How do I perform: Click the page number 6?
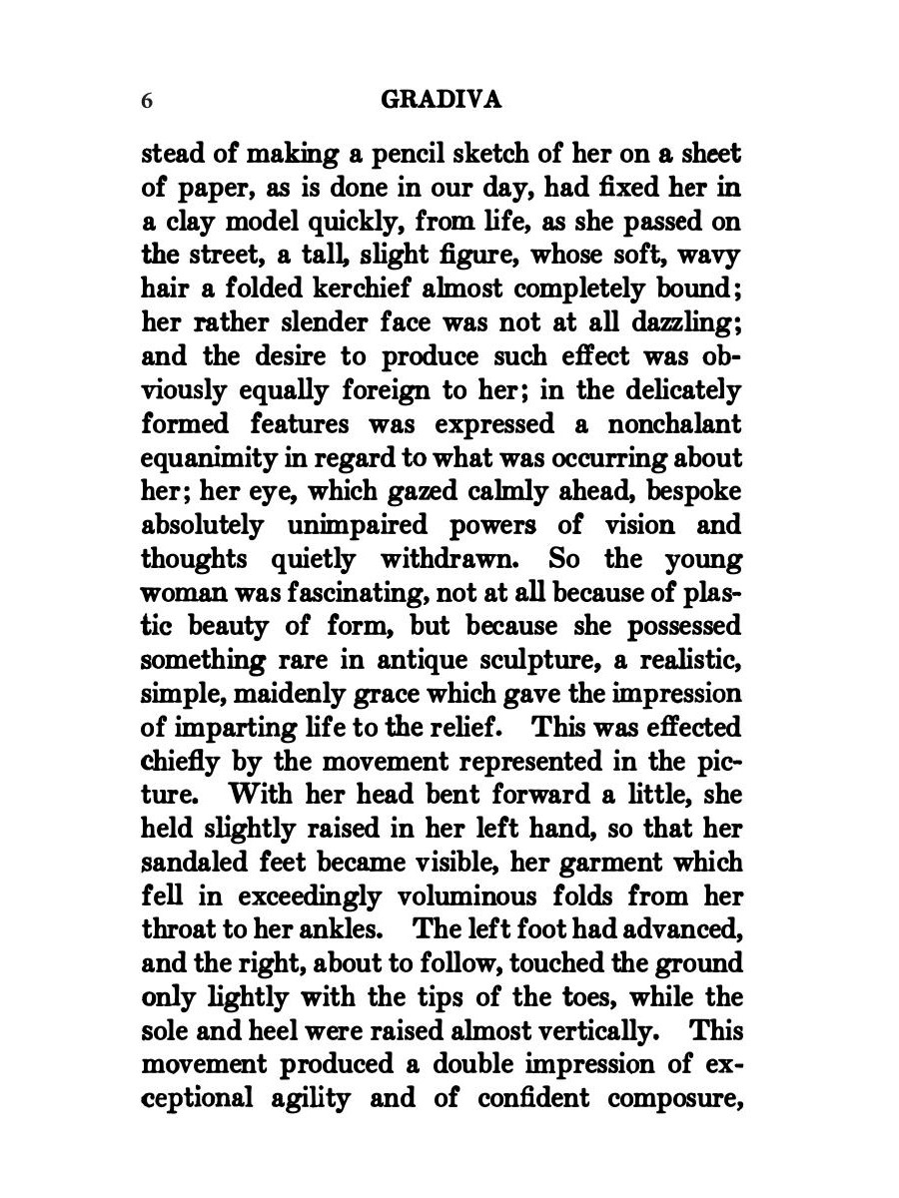[147, 101]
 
